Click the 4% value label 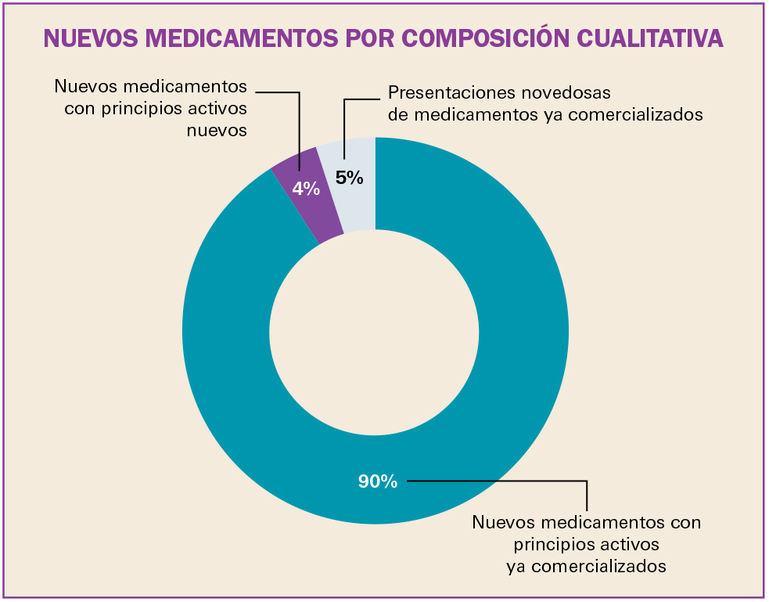[306, 188]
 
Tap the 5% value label [350, 178]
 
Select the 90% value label [378, 481]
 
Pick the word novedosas [573, 93]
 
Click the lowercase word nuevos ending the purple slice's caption [217, 130]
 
